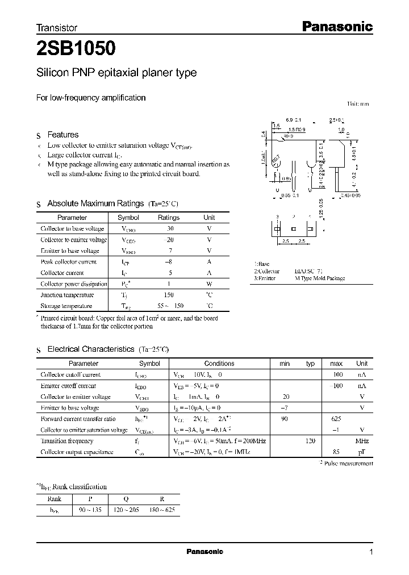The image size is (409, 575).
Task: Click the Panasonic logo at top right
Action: [336, 26]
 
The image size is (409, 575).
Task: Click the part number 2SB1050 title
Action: [77, 49]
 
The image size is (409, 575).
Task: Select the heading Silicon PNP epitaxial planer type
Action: [116, 73]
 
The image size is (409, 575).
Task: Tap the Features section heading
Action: [62, 135]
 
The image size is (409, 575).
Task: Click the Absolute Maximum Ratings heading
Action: [95, 203]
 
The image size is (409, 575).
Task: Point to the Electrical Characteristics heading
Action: [91, 349]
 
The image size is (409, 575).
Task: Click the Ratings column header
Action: [168, 218]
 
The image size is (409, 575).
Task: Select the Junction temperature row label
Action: [67, 295]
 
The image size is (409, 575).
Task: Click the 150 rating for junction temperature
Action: [169, 295]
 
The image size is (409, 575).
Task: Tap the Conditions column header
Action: [219, 364]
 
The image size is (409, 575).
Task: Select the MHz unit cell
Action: [362, 441]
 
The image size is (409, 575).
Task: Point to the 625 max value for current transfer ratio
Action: [336, 419]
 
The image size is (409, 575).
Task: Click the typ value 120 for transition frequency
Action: [310, 441]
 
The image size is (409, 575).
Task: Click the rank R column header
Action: [162, 499]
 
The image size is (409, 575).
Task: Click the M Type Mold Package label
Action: [319, 278]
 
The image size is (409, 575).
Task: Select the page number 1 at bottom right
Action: [371, 552]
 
